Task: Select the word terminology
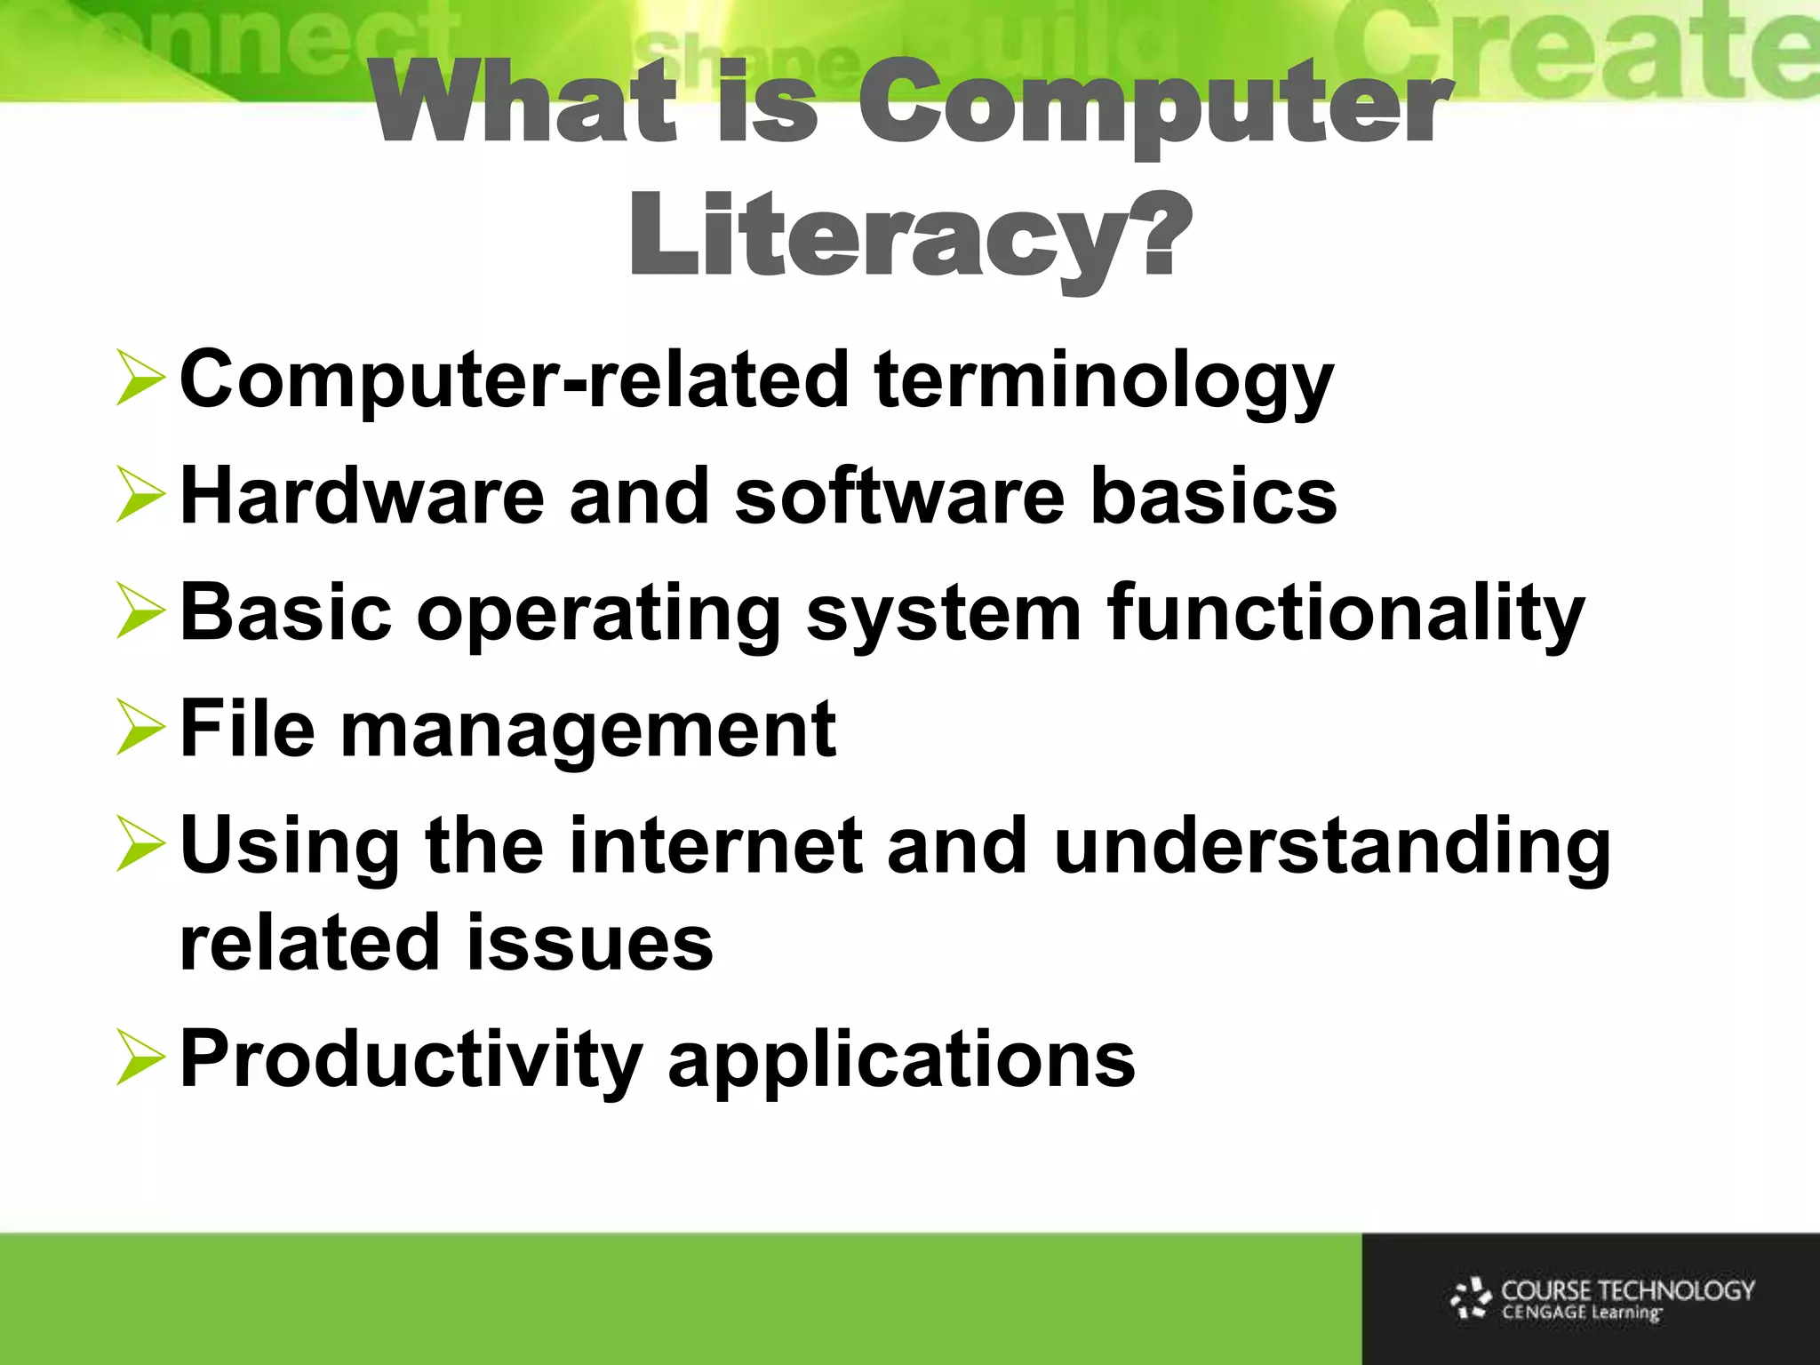1104,382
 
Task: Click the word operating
598,615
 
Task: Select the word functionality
1345,613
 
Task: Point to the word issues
589,942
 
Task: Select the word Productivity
411,1059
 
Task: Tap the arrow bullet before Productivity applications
140,1059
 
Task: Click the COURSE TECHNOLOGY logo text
1627,1290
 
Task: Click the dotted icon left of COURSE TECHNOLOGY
1472,1298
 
